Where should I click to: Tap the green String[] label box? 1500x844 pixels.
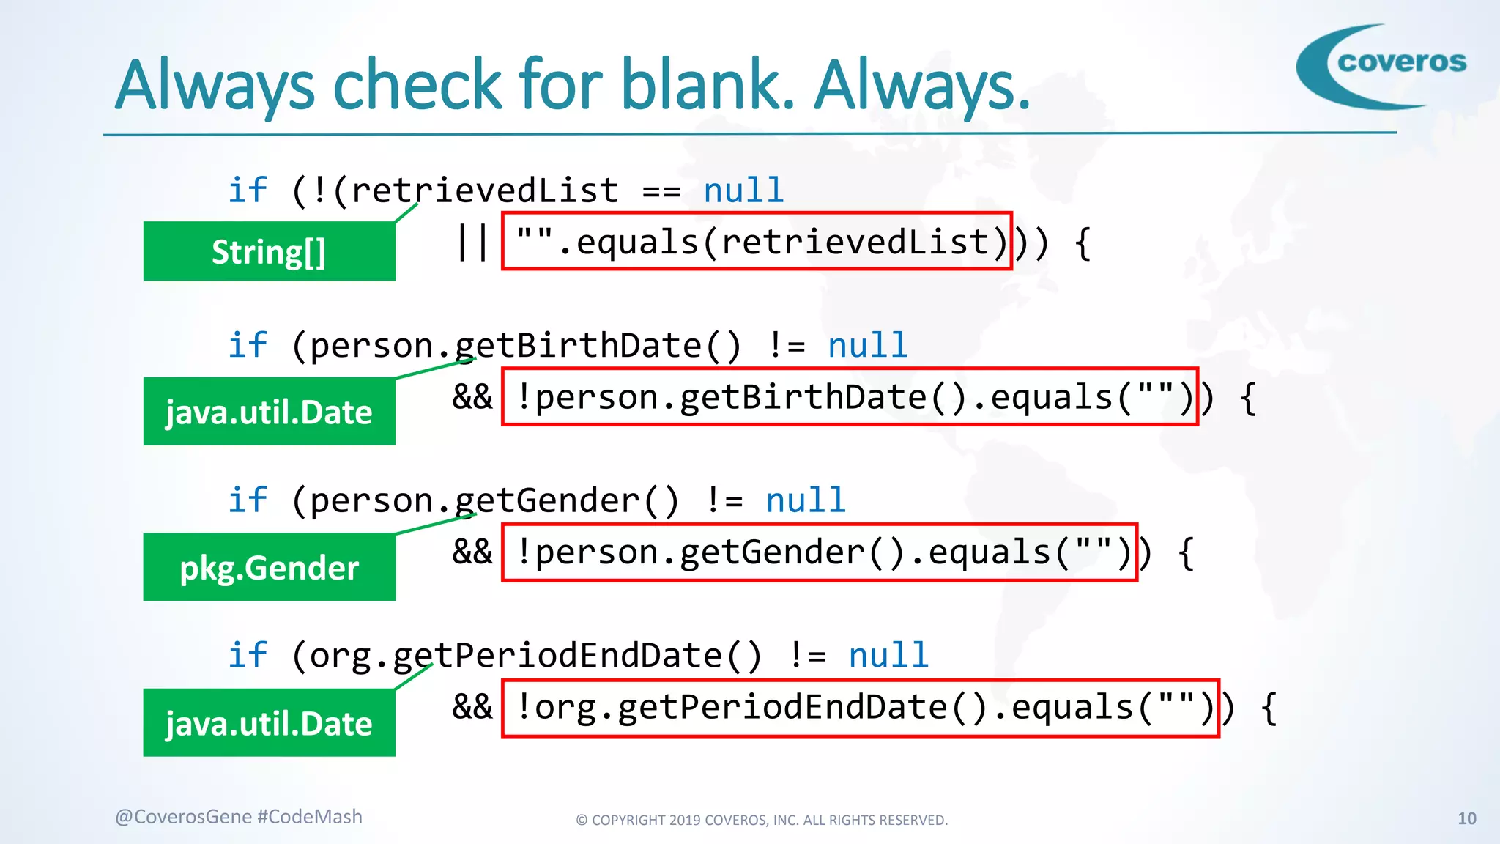point(269,251)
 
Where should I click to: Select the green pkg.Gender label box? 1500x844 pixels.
point(269,567)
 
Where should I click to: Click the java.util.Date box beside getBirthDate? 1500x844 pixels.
point(269,412)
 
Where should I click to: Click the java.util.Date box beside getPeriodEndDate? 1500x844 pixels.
point(269,723)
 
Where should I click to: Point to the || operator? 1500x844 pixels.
point(472,243)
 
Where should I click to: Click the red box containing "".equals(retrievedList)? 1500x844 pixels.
point(757,242)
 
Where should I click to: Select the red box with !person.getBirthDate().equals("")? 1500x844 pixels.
point(850,397)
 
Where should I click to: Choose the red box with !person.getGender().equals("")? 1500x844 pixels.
point(819,552)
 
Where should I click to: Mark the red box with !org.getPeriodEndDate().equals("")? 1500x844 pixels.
point(860,708)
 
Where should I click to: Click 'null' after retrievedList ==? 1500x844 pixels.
point(743,190)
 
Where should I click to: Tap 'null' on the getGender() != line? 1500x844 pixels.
point(806,500)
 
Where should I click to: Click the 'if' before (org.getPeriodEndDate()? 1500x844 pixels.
point(248,655)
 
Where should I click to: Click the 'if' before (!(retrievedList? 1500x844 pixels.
point(248,190)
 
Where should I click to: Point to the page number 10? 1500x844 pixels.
point(1466,818)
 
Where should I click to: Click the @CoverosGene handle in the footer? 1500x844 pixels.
point(183,817)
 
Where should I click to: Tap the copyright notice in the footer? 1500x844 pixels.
point(762,820)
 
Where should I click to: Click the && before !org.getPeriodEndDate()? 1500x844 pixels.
point(472,707)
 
